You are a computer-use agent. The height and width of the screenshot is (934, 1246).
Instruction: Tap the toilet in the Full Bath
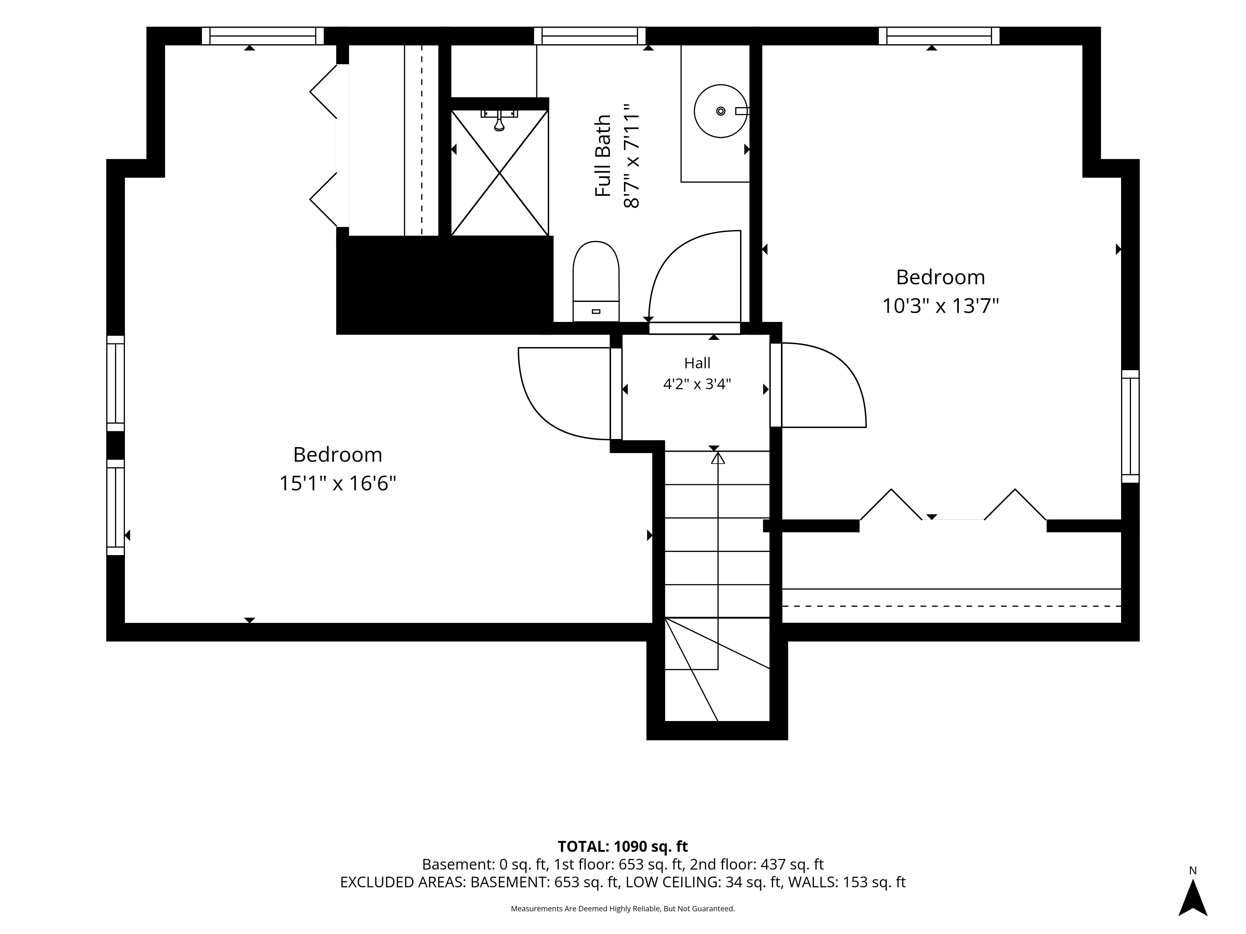click(596, 281)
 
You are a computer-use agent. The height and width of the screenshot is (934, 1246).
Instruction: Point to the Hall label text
click(697, 363)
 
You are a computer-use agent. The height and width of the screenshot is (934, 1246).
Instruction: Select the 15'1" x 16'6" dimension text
click(338, 484)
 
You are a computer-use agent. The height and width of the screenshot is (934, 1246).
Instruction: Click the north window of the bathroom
click(590, 36)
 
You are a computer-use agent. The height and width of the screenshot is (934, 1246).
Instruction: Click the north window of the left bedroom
click(263, 36)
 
